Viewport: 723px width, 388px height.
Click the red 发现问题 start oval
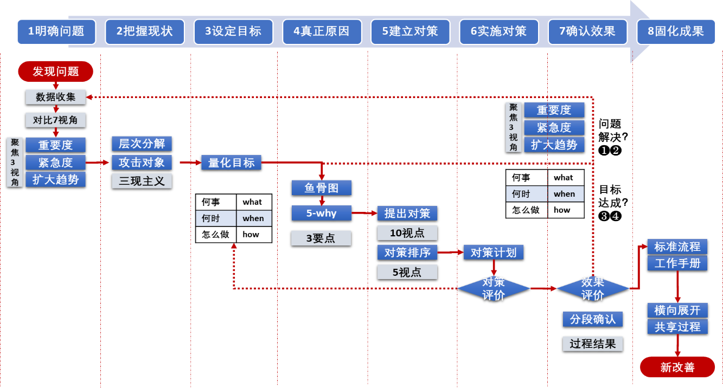56,72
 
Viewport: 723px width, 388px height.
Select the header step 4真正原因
322,31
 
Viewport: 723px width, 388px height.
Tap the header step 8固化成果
676,31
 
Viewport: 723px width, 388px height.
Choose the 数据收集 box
55,97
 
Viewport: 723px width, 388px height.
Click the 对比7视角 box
55,120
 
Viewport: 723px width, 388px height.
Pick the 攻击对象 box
142,162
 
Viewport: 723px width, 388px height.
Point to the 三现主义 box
142,181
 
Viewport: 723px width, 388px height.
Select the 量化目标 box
231,162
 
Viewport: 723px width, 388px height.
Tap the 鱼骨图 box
321,187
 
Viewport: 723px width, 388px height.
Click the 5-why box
321,213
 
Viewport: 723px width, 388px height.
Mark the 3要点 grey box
321,238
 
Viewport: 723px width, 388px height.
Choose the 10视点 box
407,233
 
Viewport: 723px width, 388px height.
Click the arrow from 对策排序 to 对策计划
450,253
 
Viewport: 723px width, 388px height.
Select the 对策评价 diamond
494,288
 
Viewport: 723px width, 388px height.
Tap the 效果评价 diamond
593,288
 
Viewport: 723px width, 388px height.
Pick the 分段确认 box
593,319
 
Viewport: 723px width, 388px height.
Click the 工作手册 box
677,263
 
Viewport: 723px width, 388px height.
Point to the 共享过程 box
677,327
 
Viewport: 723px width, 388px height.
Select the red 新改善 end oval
677,367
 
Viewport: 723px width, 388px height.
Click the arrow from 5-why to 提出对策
364,214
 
